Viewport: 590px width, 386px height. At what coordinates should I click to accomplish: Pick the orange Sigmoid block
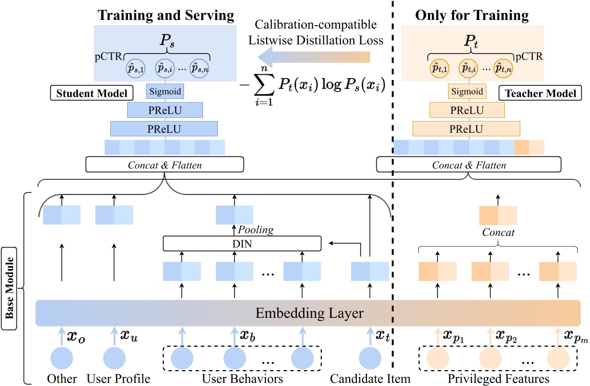tap(466, 92)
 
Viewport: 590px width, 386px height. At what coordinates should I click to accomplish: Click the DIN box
tap(241, 244)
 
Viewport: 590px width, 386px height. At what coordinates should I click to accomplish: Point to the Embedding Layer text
tap(308, 313)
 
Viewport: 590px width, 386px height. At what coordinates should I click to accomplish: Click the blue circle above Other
tap(62, 357)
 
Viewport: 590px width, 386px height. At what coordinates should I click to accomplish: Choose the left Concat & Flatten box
tap(164, 165)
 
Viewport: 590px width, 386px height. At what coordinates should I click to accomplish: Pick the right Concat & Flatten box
tap(469, 165)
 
